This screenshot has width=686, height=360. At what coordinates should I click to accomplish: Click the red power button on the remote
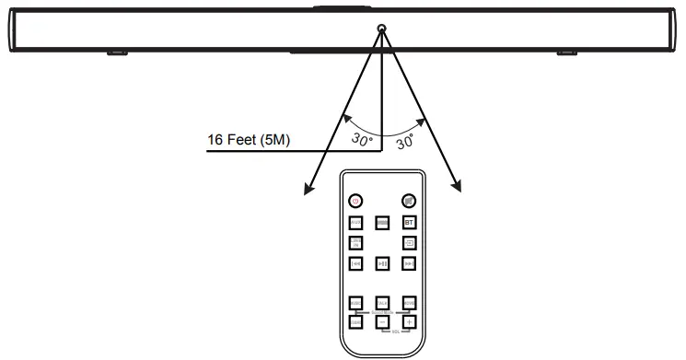point(355,201)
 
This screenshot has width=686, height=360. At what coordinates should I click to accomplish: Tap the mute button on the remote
point(408,201)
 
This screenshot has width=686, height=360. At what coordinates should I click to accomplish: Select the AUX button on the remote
point(355,223)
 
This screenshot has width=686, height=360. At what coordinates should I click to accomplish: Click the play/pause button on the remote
point(382,264)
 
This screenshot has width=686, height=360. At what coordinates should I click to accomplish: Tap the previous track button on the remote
point(355,264)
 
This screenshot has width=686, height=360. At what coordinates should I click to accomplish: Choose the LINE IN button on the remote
point(355,243)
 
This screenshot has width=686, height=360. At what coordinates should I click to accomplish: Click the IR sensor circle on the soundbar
point(381,30)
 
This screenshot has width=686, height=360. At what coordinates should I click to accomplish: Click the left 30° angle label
point(363,139)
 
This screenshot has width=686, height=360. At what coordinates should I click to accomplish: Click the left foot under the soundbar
point(116,52)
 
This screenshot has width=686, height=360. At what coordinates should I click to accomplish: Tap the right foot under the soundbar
point(565,52)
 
